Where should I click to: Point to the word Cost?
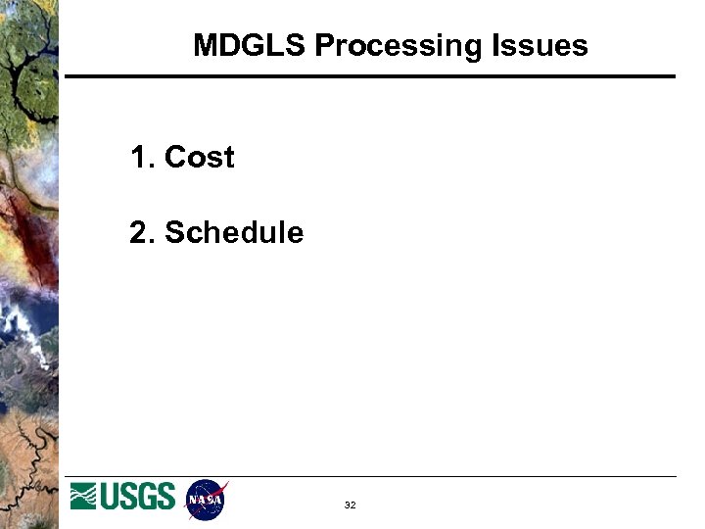click(x=200, y=157)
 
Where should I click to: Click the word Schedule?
click(x=234, y=232)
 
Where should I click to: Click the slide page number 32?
click(x=350, y=505)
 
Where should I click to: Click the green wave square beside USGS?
click(x=83, y=498)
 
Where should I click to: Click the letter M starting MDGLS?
click(x=205, y=45)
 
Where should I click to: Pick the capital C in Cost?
click(x=176, y=157)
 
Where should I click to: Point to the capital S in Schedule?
click(x=175, y=232)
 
